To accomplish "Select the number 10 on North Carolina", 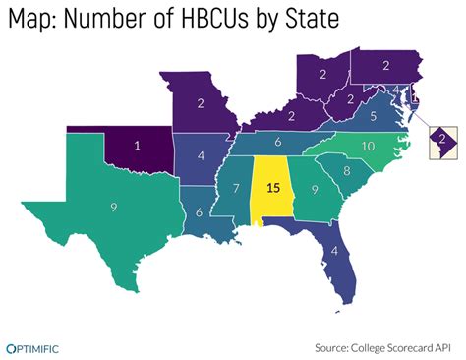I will click(x=368, y=146).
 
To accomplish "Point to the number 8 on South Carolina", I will click(x=346, y=172).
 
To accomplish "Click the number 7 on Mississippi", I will click(x=236, y=188).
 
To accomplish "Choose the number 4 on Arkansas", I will click(x=201, y=154).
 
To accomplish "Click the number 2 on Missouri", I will click(x=201, y=103).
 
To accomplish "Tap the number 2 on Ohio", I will click(x=322, y=74).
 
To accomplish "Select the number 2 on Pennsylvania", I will click(x=387, y=65).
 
